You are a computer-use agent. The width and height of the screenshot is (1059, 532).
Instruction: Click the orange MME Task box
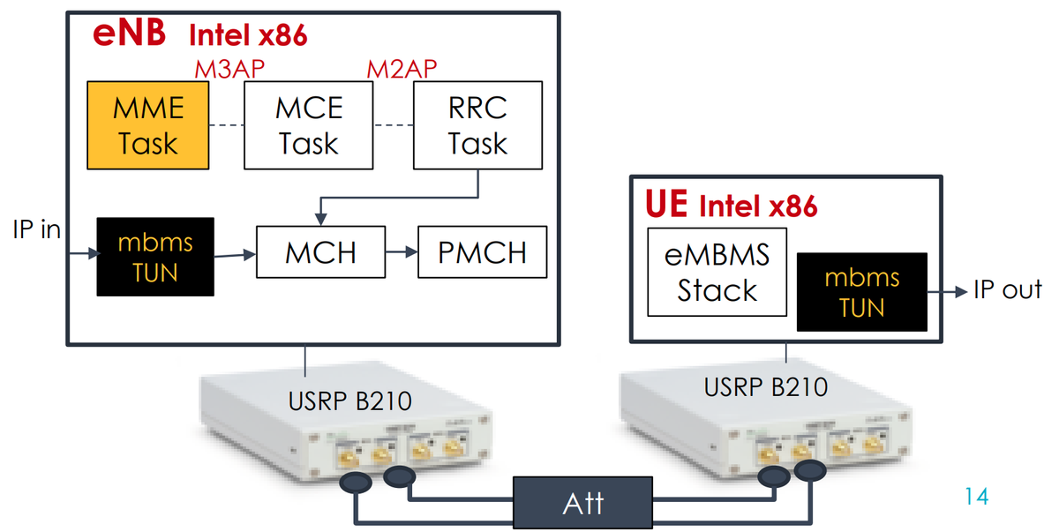click(148, 125)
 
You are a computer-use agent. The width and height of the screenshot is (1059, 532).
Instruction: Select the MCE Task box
click(308, 125)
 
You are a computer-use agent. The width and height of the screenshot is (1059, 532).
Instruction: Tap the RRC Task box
click(477, 125)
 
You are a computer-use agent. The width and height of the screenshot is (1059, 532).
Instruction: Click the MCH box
click(320, 253)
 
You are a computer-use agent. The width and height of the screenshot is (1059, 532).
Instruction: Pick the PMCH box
click(482, 253)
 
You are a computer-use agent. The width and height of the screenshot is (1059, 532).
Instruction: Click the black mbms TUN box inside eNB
click(155, 256)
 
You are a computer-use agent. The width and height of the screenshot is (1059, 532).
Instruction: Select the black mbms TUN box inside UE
click(861, 292)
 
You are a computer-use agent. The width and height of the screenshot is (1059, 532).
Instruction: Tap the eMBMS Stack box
click(717, 273)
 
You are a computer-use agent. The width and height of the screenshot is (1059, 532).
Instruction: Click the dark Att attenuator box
click(583, 503)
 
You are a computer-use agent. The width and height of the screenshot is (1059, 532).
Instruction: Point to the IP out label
click(1007, 289)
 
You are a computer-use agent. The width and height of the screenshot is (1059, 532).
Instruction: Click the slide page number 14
click(976, 496)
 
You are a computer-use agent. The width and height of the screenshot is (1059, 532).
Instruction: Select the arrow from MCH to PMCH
click(402, 253)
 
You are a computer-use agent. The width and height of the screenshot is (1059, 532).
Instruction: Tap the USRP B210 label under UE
click(765, 386)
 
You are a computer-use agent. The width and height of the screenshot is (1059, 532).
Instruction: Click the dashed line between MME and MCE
click(226, 125)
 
